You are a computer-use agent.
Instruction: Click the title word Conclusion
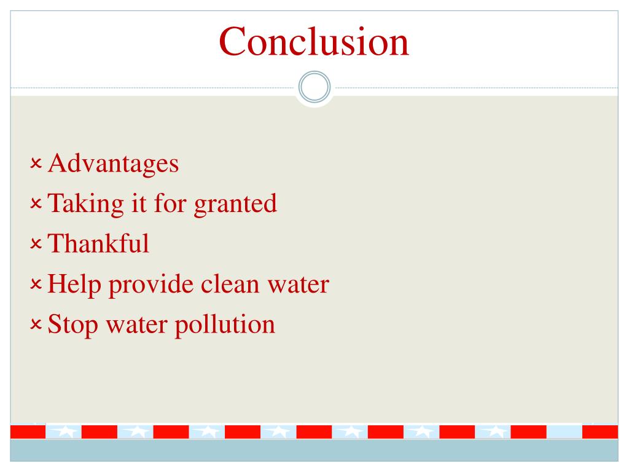pos(314,41)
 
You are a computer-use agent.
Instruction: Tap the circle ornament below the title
pos(314,87)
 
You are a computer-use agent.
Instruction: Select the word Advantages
pos(114,163)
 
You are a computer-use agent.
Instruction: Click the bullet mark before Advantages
pos(36,164)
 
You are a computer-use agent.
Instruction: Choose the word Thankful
pos(98,243)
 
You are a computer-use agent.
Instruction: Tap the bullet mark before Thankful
pos(36,245)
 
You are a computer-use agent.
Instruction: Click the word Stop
pos(72,324)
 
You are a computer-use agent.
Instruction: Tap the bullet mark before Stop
pos(36,325)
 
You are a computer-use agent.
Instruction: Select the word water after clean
pos(297,284)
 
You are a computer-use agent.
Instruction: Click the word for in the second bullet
pos(168,203)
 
